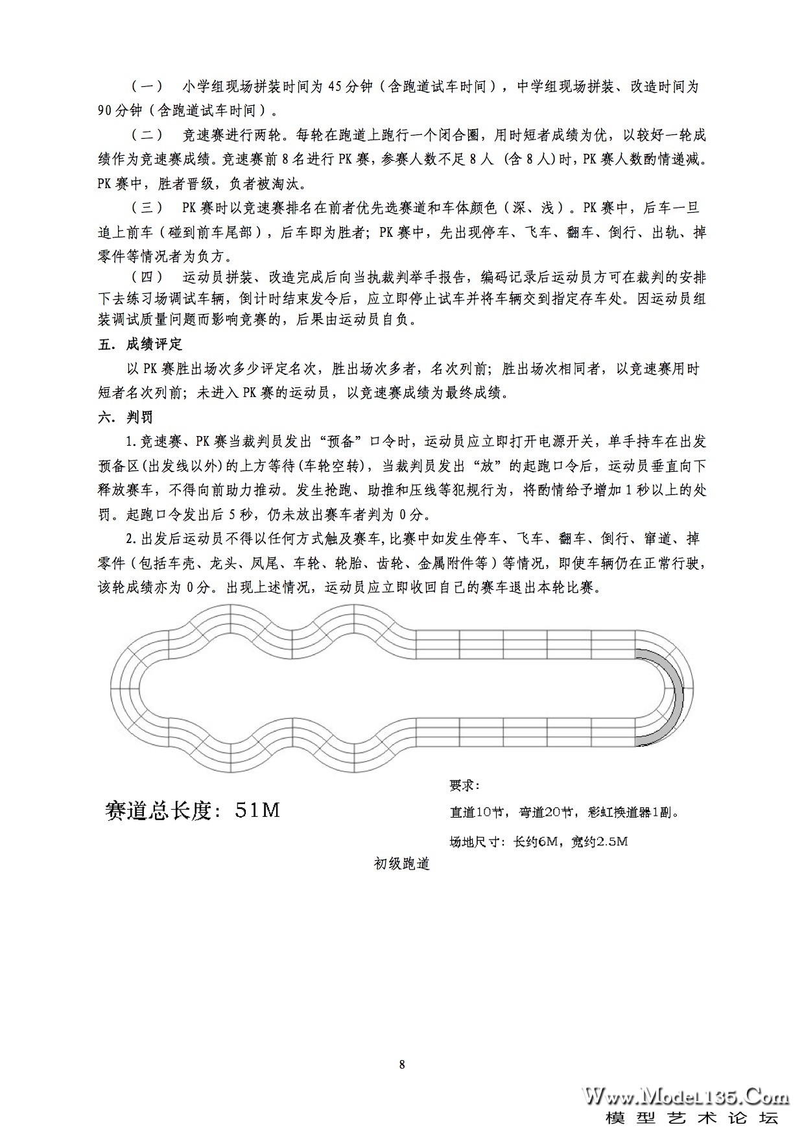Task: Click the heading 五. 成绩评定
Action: coord(140,344)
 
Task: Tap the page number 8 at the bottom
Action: coord(402,1065)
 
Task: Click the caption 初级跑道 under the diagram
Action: coord(402,864)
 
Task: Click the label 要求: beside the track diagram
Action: coord(464,785)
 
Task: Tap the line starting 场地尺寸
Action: coord(538,841)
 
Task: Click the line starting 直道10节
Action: coord(564,812)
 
